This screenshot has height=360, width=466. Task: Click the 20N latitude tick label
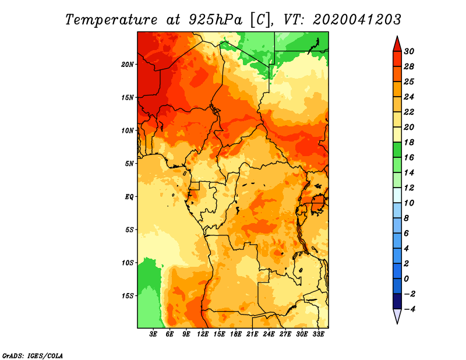click(127, 65)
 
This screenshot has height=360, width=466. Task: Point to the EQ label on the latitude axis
click(129, 197)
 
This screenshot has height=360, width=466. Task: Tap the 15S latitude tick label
click(128, 296)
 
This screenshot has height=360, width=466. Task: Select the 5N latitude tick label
click(129, 164)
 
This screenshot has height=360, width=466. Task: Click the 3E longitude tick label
click(153, 334)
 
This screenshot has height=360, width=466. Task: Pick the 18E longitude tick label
click(236, 334)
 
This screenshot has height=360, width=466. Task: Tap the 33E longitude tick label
click(318, 334)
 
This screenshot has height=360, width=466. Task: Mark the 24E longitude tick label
click(269, 334)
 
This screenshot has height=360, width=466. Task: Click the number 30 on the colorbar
click(409, 51)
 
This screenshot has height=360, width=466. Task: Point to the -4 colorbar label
click(409, 309)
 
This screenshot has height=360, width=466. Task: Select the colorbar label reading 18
click(409, 142)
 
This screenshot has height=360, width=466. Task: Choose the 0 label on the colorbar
click(406, 279)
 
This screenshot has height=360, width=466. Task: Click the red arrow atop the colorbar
click(397, 45)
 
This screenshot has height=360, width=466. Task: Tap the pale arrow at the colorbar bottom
click(397, 315)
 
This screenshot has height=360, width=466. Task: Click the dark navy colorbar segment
click(397, 301)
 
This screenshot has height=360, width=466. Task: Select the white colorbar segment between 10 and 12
click(397, 195)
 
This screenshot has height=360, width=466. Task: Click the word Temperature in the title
click(111, 20)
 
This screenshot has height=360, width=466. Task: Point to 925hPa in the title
click(216, 20)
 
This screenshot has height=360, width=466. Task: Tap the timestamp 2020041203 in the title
click(357, 20)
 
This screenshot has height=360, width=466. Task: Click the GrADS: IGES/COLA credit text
click(33, 356)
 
